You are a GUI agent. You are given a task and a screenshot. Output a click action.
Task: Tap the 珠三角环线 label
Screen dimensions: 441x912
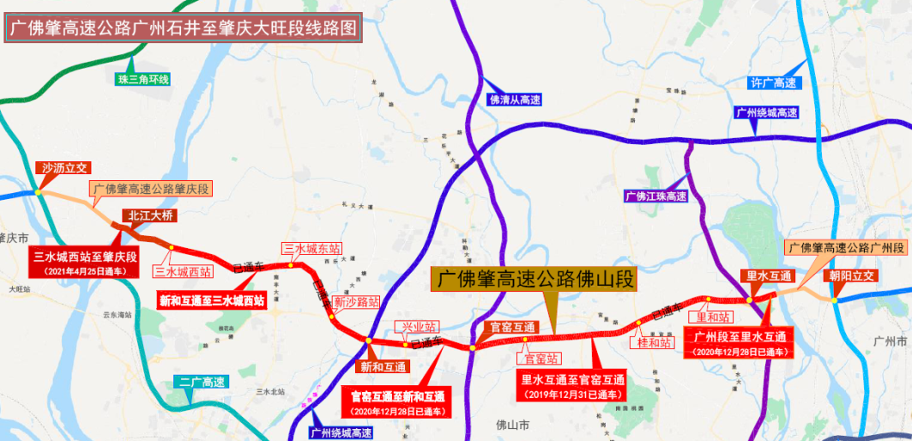click(x=144, y=80)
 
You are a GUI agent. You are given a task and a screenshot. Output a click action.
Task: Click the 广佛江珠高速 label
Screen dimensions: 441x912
click(x=656, y=196)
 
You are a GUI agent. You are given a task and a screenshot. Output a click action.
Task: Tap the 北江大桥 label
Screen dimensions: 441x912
click(x=149, y=215)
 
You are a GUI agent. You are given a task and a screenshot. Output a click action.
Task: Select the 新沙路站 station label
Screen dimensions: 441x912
click(x=356, y=302)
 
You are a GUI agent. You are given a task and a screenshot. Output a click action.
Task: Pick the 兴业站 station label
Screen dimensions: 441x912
click(x=415, y=327)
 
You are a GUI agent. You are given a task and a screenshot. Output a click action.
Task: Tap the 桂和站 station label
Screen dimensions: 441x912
click(x=654, y=342)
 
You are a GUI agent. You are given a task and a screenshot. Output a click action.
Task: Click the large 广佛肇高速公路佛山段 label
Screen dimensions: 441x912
click(x=535, y=280)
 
